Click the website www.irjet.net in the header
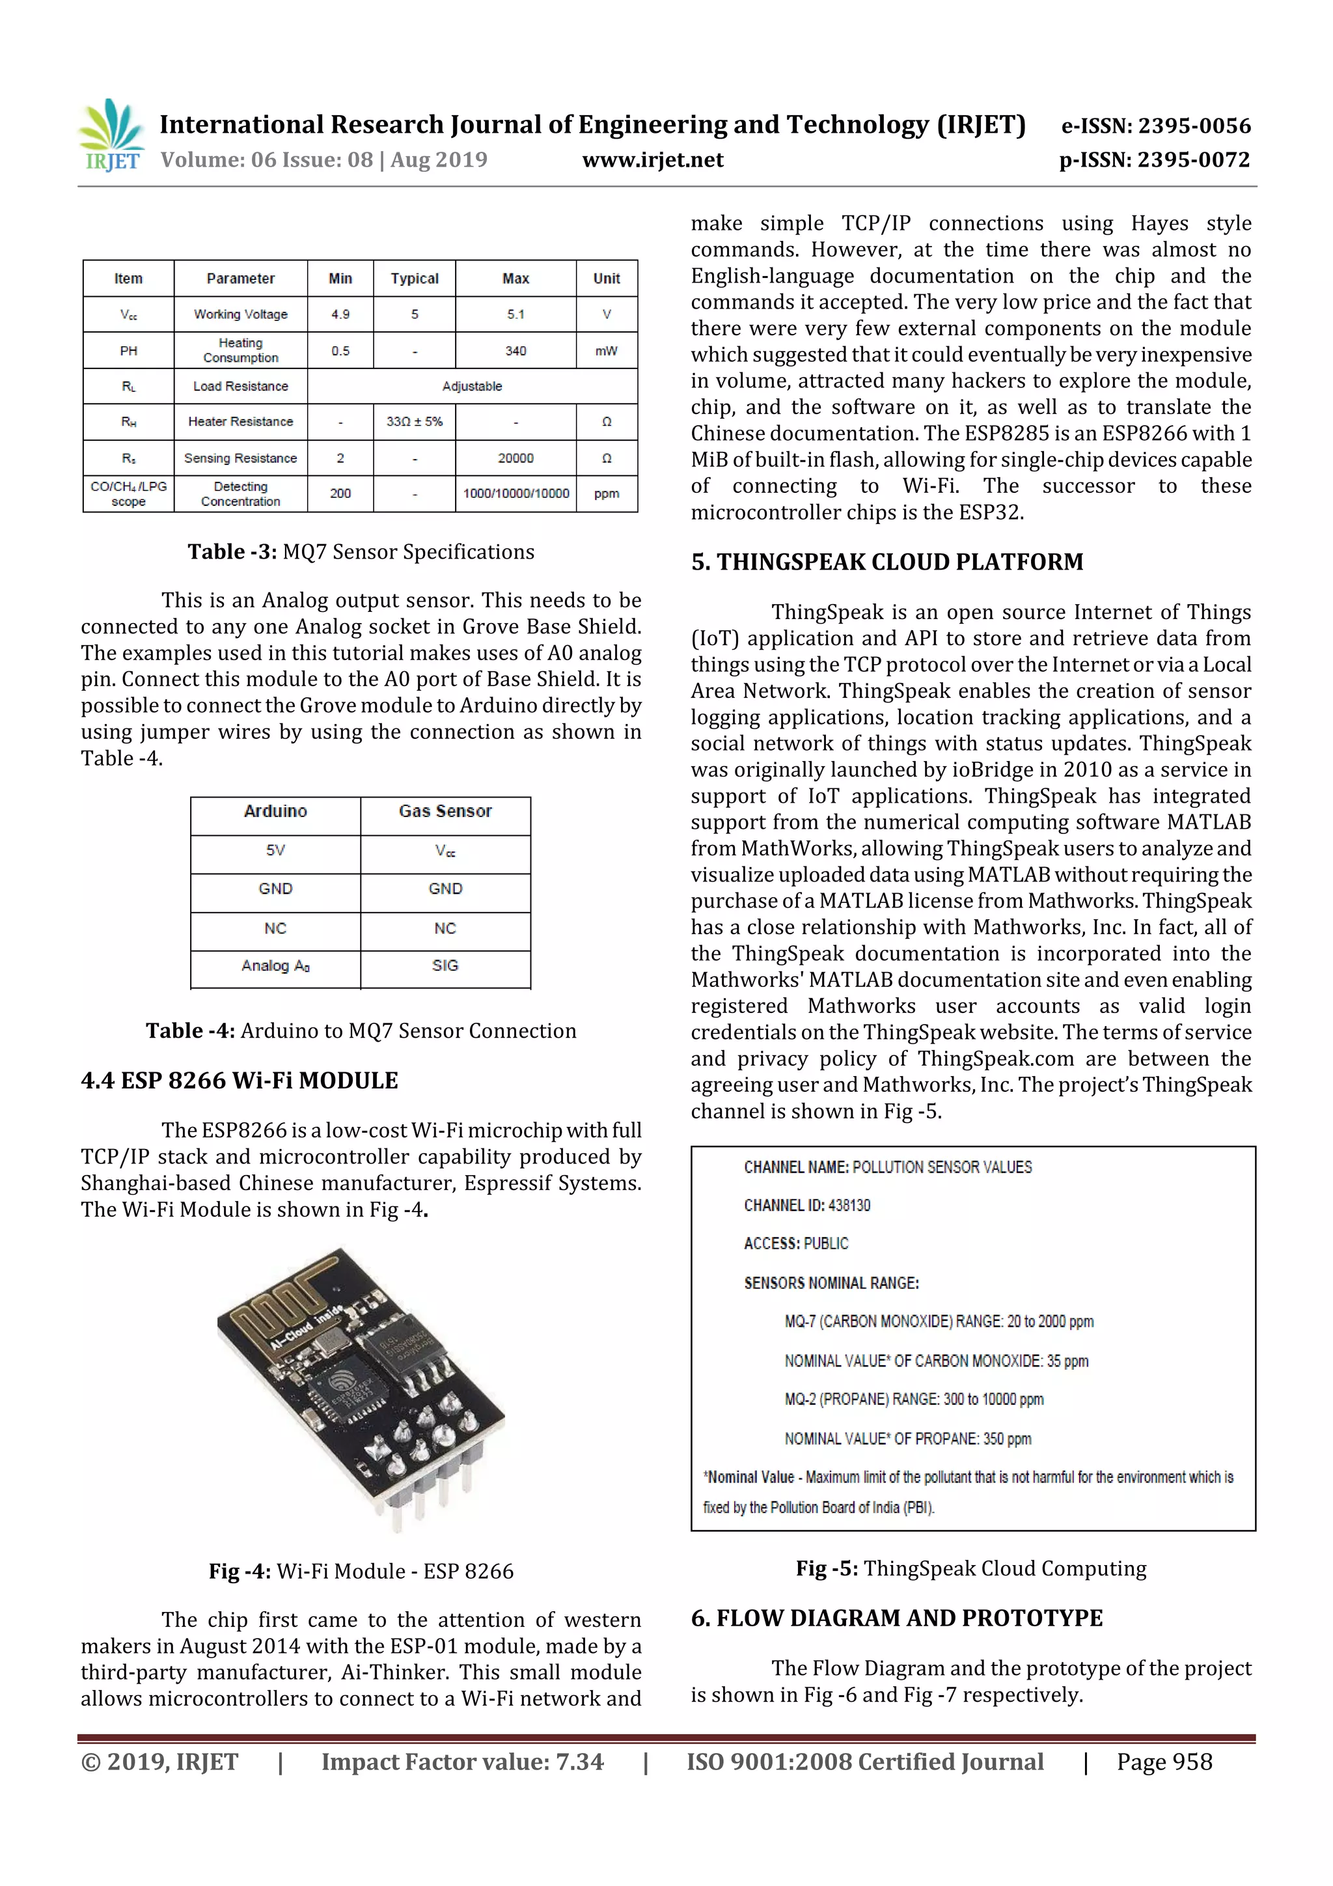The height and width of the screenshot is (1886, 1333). [x=652, y=159]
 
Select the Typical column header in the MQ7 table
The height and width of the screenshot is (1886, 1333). [x=414, y=279]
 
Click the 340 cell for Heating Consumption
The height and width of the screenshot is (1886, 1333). [x=515, y=351]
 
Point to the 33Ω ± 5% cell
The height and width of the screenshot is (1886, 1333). [x=414, y=421]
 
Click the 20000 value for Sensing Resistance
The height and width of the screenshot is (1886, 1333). [x=515, y=458]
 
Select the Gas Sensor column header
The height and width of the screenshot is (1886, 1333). [x=445, y=812]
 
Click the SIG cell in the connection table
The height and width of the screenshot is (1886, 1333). [x=445, y=966]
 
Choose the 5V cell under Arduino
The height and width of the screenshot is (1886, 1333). [x=275, y=850]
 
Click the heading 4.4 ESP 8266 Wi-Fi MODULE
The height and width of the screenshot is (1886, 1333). [x=239, y=1080]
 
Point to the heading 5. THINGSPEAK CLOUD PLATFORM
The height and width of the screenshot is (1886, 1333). [x=887, y=562]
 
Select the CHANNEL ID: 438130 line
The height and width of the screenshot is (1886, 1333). [x=806, y=1205]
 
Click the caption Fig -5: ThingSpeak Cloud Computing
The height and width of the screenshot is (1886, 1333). [x=971, y=1568]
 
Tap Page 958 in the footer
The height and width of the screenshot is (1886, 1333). [x=1164, y=1762]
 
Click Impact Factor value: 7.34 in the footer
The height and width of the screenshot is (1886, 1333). [x=461, y=1762]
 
